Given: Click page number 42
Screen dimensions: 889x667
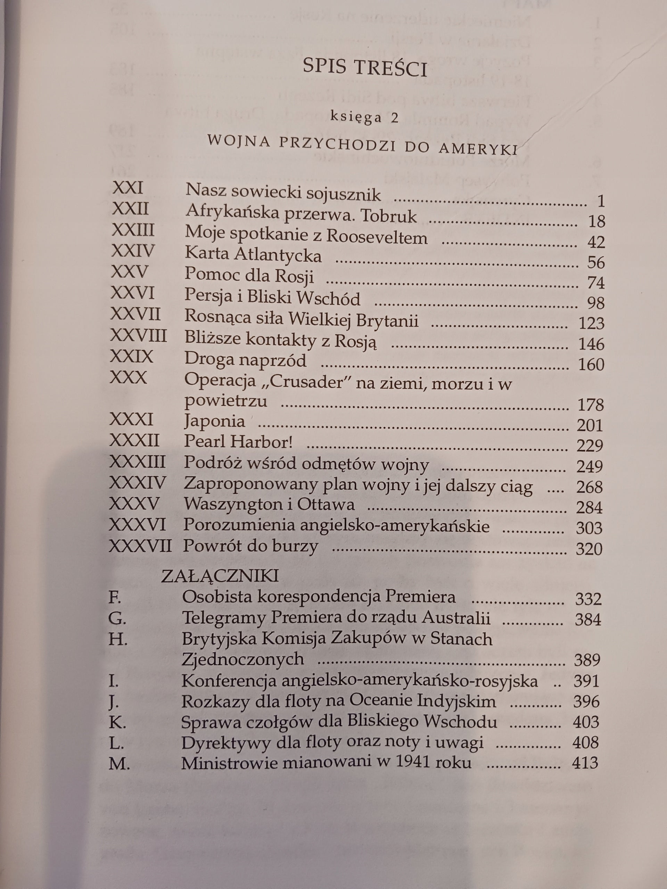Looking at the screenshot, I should pyautogui.click(x=595, y=242).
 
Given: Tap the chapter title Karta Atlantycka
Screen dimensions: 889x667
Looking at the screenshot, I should pyautogui.click(x=253, y=255).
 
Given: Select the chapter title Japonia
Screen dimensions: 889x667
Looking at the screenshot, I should pyautogui.click(x=215, y=421).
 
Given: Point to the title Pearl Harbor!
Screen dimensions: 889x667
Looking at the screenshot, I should pyautogui.click(x=238, y=442).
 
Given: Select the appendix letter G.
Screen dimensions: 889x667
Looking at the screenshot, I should pyautogui.click(x=117, y=618).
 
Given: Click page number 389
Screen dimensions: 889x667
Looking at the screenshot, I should pyautogui.click(x=587, y=660).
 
